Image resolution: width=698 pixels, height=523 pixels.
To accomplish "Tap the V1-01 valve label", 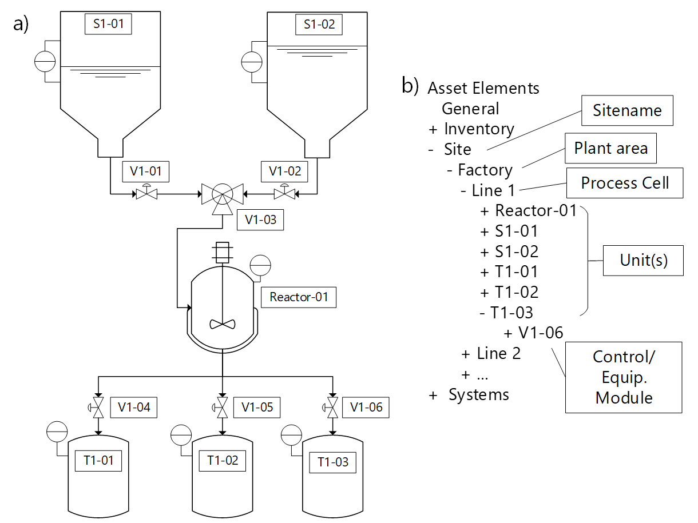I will pos(146,171).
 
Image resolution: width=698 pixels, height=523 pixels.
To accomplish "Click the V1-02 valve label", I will pos(284,171).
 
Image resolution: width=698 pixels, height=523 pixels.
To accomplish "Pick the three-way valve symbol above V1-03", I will pos(222,195).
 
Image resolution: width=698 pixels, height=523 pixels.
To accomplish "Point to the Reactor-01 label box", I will pos(298,297).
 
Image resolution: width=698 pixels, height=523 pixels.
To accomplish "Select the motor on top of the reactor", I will pos(222,251).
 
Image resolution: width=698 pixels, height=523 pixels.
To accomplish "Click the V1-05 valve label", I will pos(257,408).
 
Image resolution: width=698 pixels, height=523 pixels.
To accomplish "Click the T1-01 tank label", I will pos(99,460).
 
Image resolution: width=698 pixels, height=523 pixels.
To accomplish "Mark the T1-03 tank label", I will pos(333,462).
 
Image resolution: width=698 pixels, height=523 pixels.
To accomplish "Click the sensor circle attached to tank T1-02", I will pos(181,436).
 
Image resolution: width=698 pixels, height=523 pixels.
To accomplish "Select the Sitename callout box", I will pos(627,110).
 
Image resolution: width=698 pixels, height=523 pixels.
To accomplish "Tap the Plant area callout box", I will pos(610,149).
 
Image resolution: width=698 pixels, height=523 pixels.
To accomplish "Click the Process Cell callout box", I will pos(625,183).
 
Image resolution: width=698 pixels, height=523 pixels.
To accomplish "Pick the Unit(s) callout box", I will pos(644,260).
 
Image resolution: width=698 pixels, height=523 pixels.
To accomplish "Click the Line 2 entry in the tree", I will pos(492,353).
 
